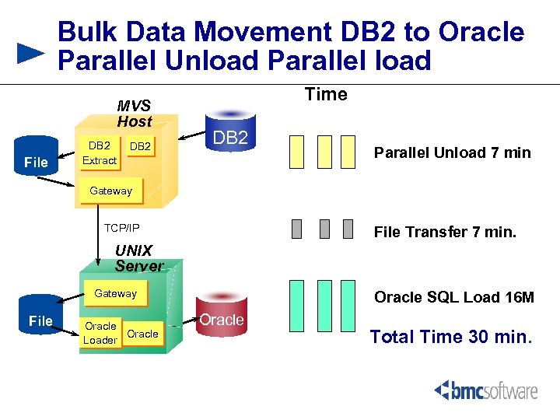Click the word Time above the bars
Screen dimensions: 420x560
(326, 95)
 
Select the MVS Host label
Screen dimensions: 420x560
(134, 114)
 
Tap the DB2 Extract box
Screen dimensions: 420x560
(100, 153)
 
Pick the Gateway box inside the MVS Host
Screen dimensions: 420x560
(111, 191)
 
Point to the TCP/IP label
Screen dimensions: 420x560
(122, 228)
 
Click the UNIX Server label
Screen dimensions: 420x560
(139, 258)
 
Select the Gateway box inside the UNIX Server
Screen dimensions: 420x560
(115, 294)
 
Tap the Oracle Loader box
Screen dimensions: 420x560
(100, 333)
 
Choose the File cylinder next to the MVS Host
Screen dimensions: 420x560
(37, 159)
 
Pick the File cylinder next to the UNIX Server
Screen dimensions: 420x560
(40, 317)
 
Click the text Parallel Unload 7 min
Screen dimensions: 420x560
(452, 152)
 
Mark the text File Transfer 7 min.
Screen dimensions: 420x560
(445, 232)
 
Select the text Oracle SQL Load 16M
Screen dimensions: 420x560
(454, 297)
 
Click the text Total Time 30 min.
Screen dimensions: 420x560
(451, 337)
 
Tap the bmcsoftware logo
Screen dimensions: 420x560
(485, 390)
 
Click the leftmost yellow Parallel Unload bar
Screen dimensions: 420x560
(296, 152)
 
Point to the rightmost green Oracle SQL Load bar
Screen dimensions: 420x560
(347, 306)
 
